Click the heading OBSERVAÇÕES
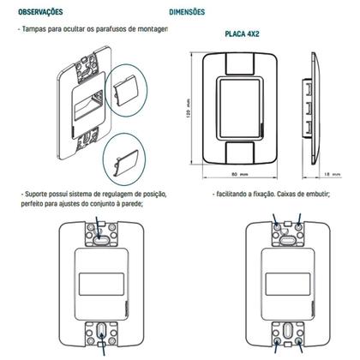[39, 13]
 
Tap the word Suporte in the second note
[39, 195]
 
